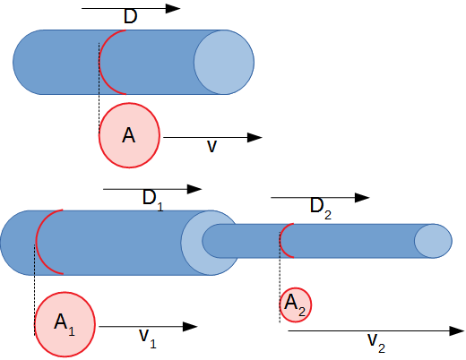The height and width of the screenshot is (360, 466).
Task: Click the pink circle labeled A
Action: pyautogui.click(x=129, y=136)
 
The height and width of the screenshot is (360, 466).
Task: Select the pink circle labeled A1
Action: pyautogui.click(x=65, y=322)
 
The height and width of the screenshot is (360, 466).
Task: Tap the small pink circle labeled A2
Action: pyautogui.click(x=295, y=304)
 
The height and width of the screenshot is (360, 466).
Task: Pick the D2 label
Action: pyautogui.click(x=320, y=207)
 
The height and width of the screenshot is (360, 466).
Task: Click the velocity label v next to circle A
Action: pyautogui.click(x=212, y=145)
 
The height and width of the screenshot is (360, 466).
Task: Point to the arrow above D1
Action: pyautogui.click(x=152, y=189)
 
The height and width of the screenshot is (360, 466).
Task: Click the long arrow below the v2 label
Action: pyautogui.click(x=376, y=330)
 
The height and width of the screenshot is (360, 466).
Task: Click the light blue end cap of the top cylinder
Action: pyautogui.click(x=224, y=62)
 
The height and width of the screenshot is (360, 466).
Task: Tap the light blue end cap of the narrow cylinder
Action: pyautogui.click(x=433, y=241)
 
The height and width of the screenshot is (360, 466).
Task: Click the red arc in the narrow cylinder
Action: pyautogui.click(x=280, y=241)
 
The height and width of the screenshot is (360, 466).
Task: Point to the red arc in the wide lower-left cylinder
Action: pyautogui.click(x=39, y=243)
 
